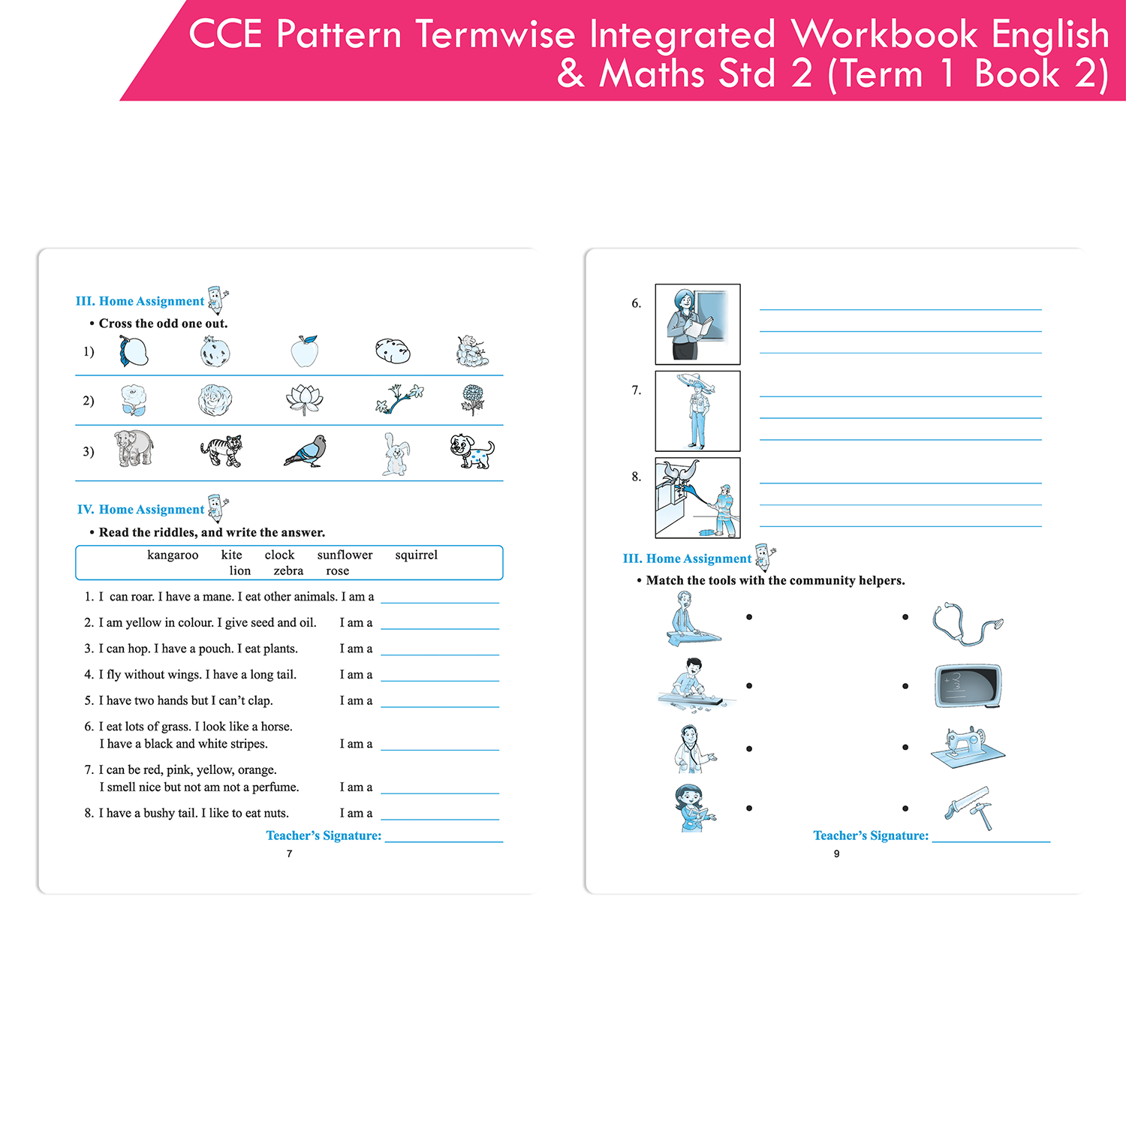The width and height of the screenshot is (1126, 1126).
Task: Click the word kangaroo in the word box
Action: [x=173, y=555]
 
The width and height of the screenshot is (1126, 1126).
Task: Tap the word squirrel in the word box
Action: [x=416, y=555]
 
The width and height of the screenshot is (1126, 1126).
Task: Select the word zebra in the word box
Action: [x=288, y=571]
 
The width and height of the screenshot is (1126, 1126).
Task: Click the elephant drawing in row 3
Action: [x=134, y=449]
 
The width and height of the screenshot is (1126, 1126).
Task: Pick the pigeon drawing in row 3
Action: [x=306, y=451]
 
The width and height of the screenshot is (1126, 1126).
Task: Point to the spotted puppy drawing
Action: [x=471, y=451]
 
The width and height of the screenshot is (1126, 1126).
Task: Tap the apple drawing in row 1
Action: [x=305, y=351]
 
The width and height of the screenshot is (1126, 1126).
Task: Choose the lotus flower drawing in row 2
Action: [x=304, y=400]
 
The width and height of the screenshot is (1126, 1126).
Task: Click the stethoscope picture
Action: [x=967, y=623]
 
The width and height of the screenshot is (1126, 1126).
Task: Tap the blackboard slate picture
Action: [x=968, y=686]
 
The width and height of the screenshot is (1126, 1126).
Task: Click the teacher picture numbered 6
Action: [x=697, y=324]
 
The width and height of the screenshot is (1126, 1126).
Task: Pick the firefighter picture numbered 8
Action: [x=697, y=498]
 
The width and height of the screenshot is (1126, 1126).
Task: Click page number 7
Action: [x=290, y=854]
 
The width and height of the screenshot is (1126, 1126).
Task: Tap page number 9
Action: [x=836, y=854]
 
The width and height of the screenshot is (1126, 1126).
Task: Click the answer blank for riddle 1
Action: [x=440, y=602]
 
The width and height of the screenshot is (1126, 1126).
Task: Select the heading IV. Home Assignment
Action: [x=140, y=510]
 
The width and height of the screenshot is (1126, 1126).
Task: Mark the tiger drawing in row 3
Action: [x=221, y=451]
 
